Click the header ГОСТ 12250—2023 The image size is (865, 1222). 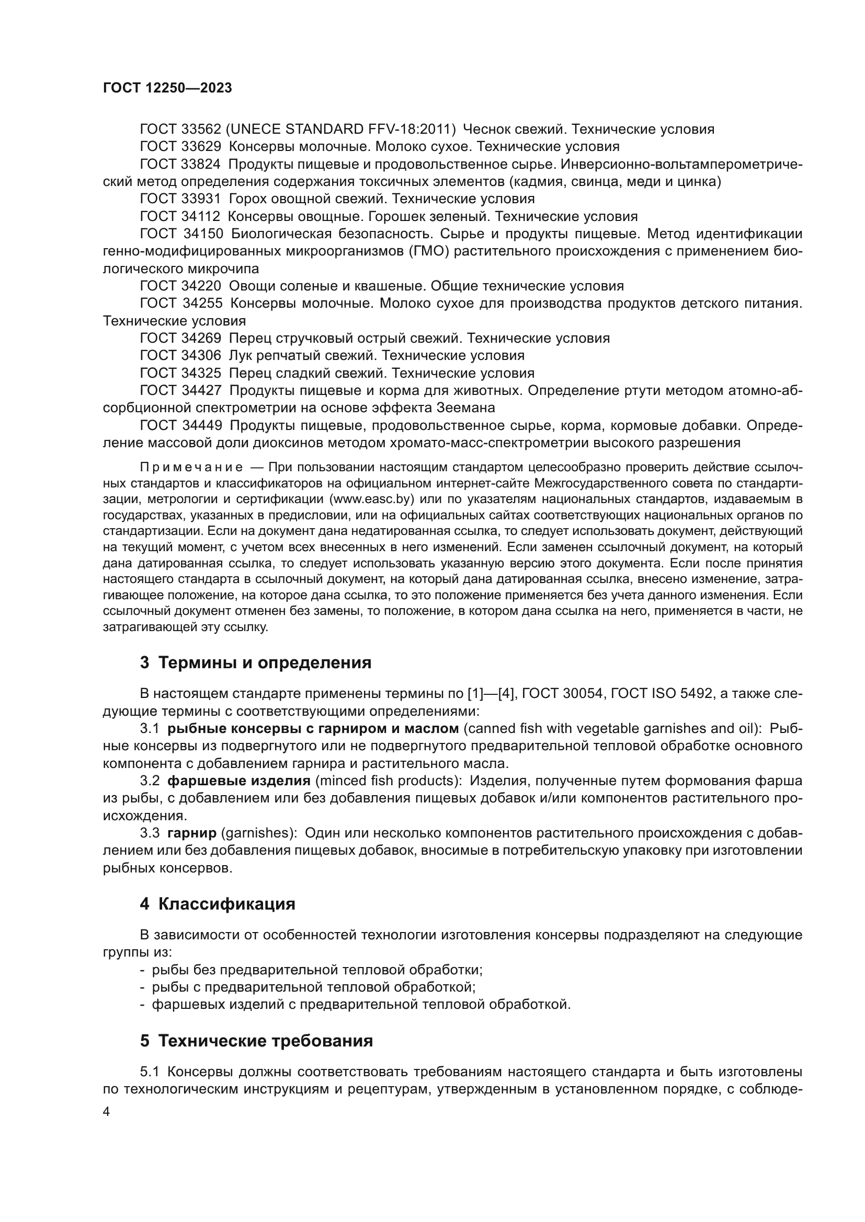(167, 88)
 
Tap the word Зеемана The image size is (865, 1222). (466, 408)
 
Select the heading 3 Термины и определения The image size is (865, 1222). (256, 662)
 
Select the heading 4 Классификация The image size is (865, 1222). (218, 904)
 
